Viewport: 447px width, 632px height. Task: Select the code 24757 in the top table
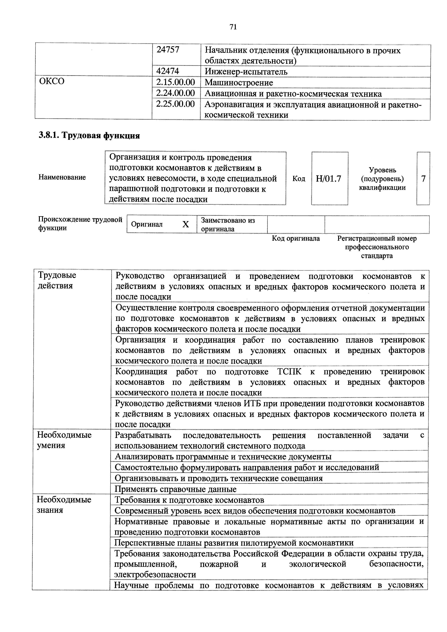click(168, 50)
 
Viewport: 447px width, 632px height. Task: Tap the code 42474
click(168, 71)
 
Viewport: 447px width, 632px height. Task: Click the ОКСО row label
click(52, 81)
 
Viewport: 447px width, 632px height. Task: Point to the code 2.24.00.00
click(175, 93)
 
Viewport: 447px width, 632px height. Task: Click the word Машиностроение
click(239, 83)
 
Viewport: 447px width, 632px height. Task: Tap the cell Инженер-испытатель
click(246, 72)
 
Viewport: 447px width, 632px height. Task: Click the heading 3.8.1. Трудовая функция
click(89, 135)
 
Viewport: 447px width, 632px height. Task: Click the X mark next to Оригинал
click(186, 224)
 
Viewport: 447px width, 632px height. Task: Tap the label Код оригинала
click(296, 238)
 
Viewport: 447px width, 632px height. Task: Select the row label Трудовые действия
click(57, 280)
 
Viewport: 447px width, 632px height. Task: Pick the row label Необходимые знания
click(64, 505)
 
